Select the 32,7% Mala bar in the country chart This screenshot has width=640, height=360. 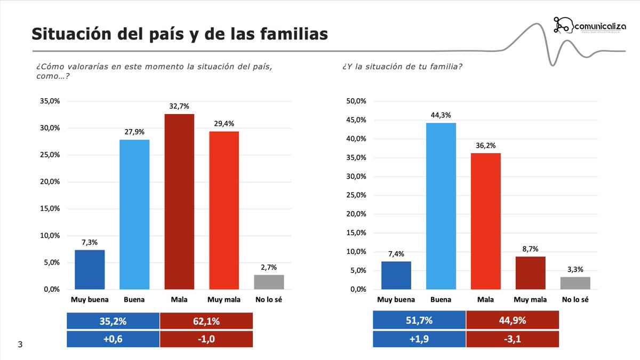(x=179, y=202)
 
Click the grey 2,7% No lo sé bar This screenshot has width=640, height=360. (x=269, y=282)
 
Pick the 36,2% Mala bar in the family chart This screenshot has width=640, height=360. (x=486, y=221)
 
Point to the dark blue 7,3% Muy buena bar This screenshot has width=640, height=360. (x=90, y=269)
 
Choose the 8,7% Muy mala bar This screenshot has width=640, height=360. (x=531, y=273)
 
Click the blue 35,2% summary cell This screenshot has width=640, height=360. (x=113, y=321)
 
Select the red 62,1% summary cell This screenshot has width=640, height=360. (x=206, y=321)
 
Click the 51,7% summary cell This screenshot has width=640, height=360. (x=419, y=321)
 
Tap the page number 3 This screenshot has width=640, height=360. (x=20, y=345)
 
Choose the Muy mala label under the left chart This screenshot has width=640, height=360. (x=224, y=300)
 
